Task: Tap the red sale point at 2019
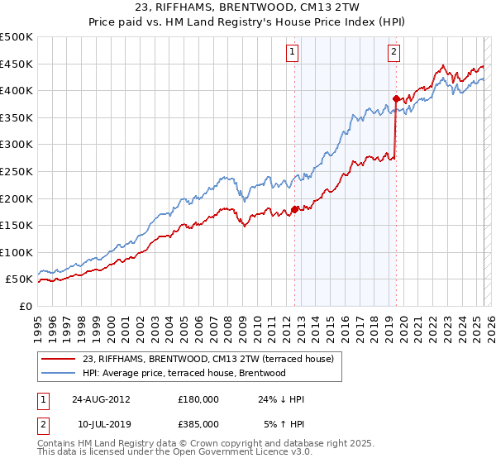pos(396,98)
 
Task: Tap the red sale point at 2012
pos(295,208)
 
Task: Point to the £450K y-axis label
pos(17,64)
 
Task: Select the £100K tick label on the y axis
pos(17,252)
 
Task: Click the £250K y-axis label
pos(17,171)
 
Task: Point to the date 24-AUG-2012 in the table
pos(101,399)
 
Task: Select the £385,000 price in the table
pos(198,423)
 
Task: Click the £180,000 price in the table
pos(198,399)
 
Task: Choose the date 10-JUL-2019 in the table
pos(100,423)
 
